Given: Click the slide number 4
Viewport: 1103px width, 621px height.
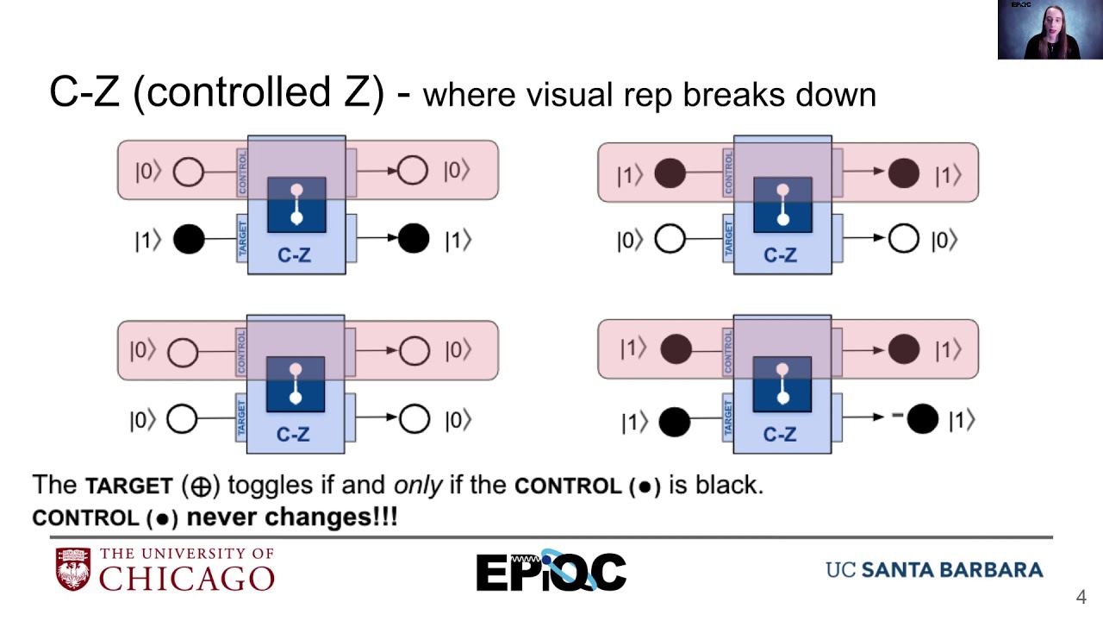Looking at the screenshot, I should (x=1081, y=597).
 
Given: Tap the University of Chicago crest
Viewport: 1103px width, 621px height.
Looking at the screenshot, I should (x=73, y=569).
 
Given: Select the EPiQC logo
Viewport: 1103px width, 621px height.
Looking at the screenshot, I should (x=551, y=571).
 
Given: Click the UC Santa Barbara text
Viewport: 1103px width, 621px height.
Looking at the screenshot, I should (x=934, y=570).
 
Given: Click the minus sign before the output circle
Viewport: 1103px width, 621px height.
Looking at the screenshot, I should (x=897, y=417).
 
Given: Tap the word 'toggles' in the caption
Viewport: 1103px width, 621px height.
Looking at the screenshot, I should (x=271, y=485).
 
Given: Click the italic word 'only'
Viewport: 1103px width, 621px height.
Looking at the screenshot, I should (x=418, y=485).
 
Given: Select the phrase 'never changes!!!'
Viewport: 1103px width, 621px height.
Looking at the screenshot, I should (x=292, y=517).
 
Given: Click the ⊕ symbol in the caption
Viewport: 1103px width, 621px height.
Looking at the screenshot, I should (x=201, y=486).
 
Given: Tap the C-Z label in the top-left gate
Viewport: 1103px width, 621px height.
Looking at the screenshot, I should (x=295, y=255).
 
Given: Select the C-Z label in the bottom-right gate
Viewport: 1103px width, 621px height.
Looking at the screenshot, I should (x=780, y=435).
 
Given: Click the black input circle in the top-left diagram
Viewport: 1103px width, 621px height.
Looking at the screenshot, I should (x=189, y=240).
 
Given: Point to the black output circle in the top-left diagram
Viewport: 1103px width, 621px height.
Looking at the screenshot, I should (x=414, y=239).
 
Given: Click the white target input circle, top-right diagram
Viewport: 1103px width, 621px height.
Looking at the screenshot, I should (x=670, y=240).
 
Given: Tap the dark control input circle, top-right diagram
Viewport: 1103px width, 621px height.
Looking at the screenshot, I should (x=670, y=173).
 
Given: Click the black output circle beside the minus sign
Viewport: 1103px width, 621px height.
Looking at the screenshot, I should (x=922, y=419).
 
